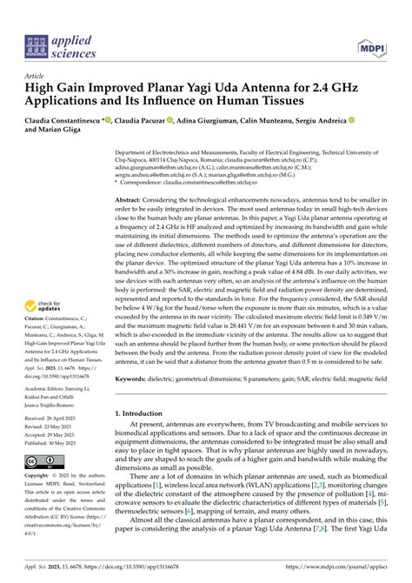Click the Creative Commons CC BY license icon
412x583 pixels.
pos(42,460)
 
